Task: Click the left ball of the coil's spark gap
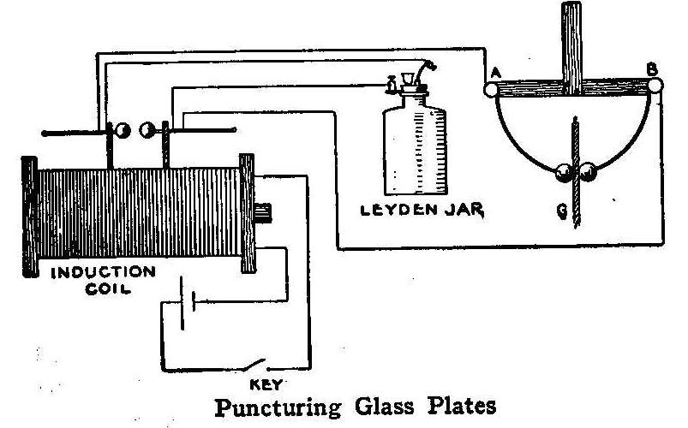click(123, 130)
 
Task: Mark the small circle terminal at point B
click(655, 85)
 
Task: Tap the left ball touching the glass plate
click(565, 171)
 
